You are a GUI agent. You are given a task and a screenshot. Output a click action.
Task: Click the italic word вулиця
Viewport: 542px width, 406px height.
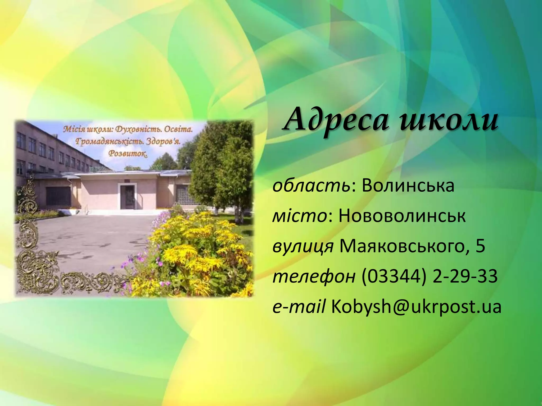pyautogui.click(x=303, y=246)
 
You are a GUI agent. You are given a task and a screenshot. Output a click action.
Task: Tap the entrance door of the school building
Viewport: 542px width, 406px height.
pyautogui.click(x=128, y=197)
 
